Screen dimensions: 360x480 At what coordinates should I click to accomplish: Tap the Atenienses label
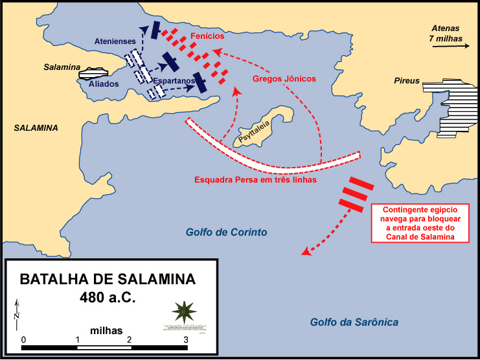click(x=115, y=41)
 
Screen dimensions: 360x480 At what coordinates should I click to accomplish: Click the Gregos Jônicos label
click(x=284, y=78)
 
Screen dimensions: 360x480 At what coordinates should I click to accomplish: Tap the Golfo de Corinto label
click(x=227, y=232)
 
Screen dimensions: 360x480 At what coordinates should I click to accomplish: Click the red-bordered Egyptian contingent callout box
click(x=420, y=223)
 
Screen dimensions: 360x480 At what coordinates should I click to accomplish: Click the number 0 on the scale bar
click(x=23, y=339)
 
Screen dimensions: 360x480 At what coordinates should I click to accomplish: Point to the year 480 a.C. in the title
click(x=107, y=300)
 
